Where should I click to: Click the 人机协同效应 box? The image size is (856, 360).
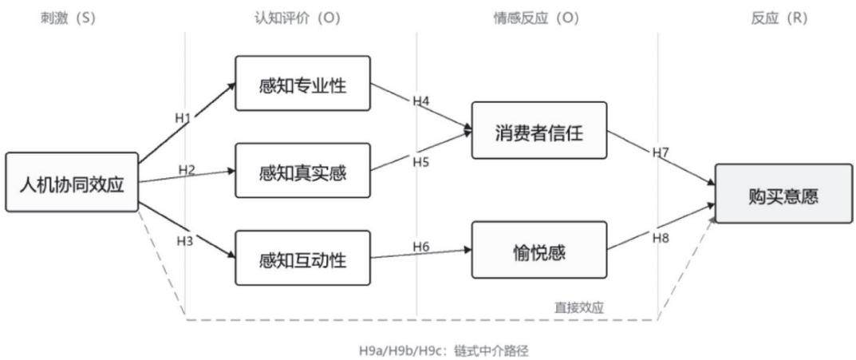click(x=72, y=182)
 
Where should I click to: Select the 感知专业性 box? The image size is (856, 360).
click(x=303, y=83)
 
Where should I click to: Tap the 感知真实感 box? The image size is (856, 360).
click(x=303, y=171)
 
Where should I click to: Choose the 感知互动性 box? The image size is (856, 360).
click(x=303, y=258)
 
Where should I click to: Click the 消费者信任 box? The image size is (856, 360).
click(x=539, y=131)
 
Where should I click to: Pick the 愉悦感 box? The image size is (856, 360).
click(x=539, y=250)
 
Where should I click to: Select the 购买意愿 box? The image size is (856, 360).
click(x=784, y=193)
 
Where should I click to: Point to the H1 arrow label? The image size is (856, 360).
click(x=183, y=117)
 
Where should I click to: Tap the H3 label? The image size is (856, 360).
click(x=185, y=240)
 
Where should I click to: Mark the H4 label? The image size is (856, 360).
click(x=421, y=101)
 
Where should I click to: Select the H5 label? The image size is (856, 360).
click(x=421, y=162)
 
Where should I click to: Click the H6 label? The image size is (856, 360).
click(x=421, y=247)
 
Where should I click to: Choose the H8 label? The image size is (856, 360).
click(x=661, y=238)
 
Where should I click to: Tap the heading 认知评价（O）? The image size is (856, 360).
click(x=298, y=18)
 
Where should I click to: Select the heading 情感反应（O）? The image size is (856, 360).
click(x=535, y=18)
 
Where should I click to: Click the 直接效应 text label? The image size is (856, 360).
click(x=578, y=307)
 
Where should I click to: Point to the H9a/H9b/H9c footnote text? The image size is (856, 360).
click(x=444, y=350)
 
